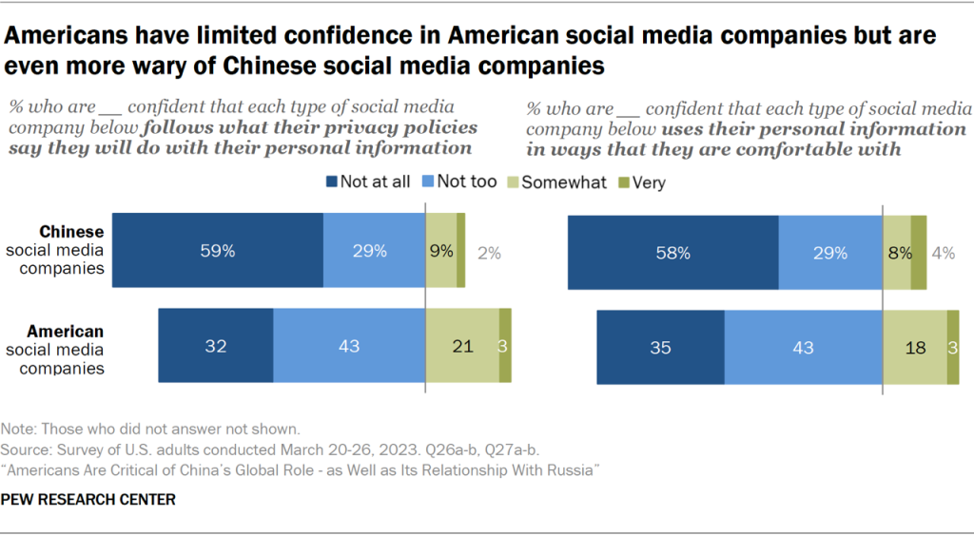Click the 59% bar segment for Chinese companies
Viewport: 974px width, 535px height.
(218, 251)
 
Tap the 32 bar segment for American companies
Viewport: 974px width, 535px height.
(216, 346)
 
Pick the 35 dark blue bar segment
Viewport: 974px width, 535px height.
(660, 347)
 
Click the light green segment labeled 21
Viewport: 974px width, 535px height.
(461, 346)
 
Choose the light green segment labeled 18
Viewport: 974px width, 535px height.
(915, 347)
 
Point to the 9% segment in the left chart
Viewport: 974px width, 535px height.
(440, 251)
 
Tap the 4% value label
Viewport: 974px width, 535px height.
(945, 253)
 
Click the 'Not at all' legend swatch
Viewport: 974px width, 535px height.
(333, 182)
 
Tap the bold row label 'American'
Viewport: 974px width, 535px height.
(66, 331)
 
